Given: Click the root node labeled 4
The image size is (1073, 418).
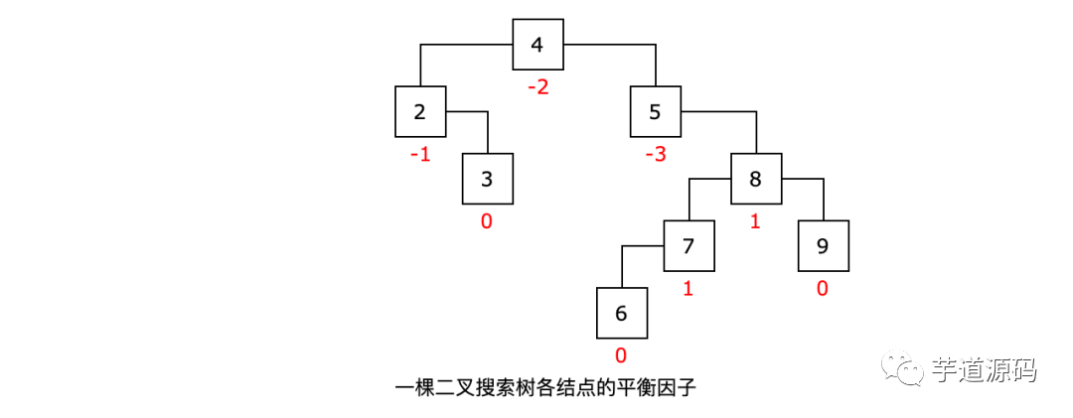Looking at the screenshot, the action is pos(537,45).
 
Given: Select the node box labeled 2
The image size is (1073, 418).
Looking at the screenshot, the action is pos(419,111).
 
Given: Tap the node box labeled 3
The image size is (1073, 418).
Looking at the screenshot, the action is pos(487,179).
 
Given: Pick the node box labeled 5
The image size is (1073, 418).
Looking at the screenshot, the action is pos(655,111).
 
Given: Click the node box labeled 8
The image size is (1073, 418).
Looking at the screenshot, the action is pos(756,179).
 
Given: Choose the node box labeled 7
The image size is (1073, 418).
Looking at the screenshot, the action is pos(690,245).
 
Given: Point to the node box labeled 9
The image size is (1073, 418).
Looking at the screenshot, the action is pos(824,245).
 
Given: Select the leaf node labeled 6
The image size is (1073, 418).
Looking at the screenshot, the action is pos(622,313).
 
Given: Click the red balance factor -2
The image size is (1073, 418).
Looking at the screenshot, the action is pos(537,87).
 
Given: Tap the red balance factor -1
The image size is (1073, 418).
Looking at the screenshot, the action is pos(419,155).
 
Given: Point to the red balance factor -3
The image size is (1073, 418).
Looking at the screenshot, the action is pos(654,155).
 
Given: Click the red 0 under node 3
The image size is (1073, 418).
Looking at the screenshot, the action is pos(486,221).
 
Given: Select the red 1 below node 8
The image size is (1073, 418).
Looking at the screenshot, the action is pos(754,221).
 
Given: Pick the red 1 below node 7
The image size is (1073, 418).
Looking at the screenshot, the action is pos(688,289).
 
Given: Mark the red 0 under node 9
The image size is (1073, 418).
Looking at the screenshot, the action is pos(823,289).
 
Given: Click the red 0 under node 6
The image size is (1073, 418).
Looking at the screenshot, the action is pos(621,355).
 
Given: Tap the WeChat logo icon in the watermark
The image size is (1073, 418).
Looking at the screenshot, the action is pos(905,368).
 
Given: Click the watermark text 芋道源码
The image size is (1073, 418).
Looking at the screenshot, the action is pos(985,370).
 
